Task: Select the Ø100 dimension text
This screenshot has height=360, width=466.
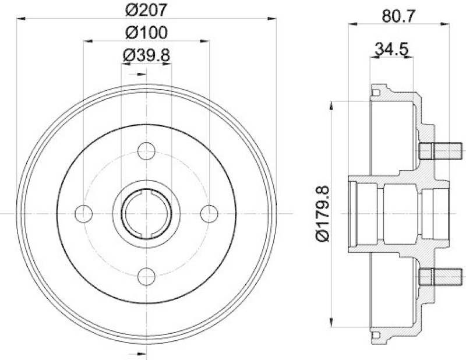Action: pyautogui.click(x=146, y=33)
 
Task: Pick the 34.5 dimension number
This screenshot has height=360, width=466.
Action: pyautogui.click(x=391, y=49)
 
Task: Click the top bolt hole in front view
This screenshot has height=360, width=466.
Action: pyautogui.click(x=146, y=151)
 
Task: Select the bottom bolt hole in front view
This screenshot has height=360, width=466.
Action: pyautogui.click(x=146, y=276)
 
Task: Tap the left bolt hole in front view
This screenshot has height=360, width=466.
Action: pyautogui.click(x=84, y=214)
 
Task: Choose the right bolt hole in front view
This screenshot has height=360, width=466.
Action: pyautogui.click(x=208, y=214)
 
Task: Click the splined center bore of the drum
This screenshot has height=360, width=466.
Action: pyautogui.click(x=146, y=214)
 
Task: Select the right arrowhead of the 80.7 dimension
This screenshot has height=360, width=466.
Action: pyautogui.click(x=444, y=24)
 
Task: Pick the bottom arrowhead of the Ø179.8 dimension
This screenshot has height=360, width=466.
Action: pyautogui.click(x=331, y=324)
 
